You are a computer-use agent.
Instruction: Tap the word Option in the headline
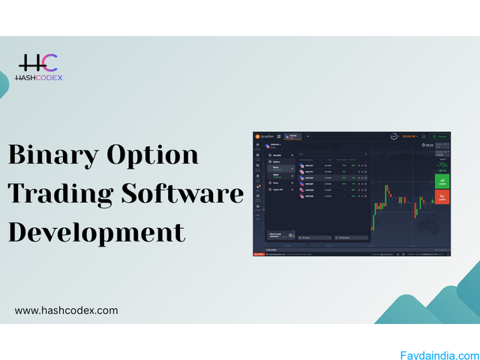[x=159, y=154]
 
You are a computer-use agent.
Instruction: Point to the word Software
[x=187, y=193]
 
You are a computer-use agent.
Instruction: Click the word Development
[x=96, y=232]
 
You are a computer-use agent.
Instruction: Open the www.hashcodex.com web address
[x=66, y=310]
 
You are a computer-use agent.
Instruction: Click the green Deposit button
[x=439, y=136]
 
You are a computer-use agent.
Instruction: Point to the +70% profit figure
[x=442, y=163]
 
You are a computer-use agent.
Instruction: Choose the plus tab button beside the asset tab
[x=307, y=136]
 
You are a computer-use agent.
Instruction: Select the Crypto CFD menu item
[x=279, y=191]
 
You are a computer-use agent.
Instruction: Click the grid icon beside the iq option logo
[x=279, y=136]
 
